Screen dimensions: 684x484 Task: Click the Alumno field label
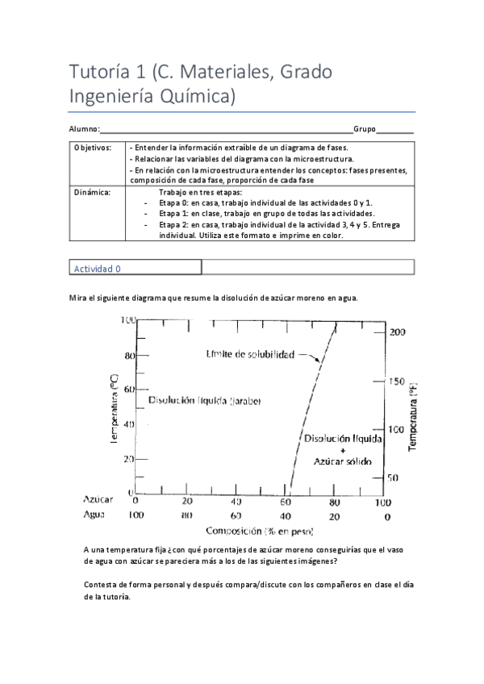coord(84,129)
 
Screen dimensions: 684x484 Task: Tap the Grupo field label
coord(365,129)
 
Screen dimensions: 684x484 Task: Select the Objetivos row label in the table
coord(93,148)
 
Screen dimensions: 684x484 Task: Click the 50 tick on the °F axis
coord(393,478)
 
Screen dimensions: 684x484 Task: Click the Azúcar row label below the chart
coord(98,500)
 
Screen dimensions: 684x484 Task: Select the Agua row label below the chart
coord(95,515)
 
